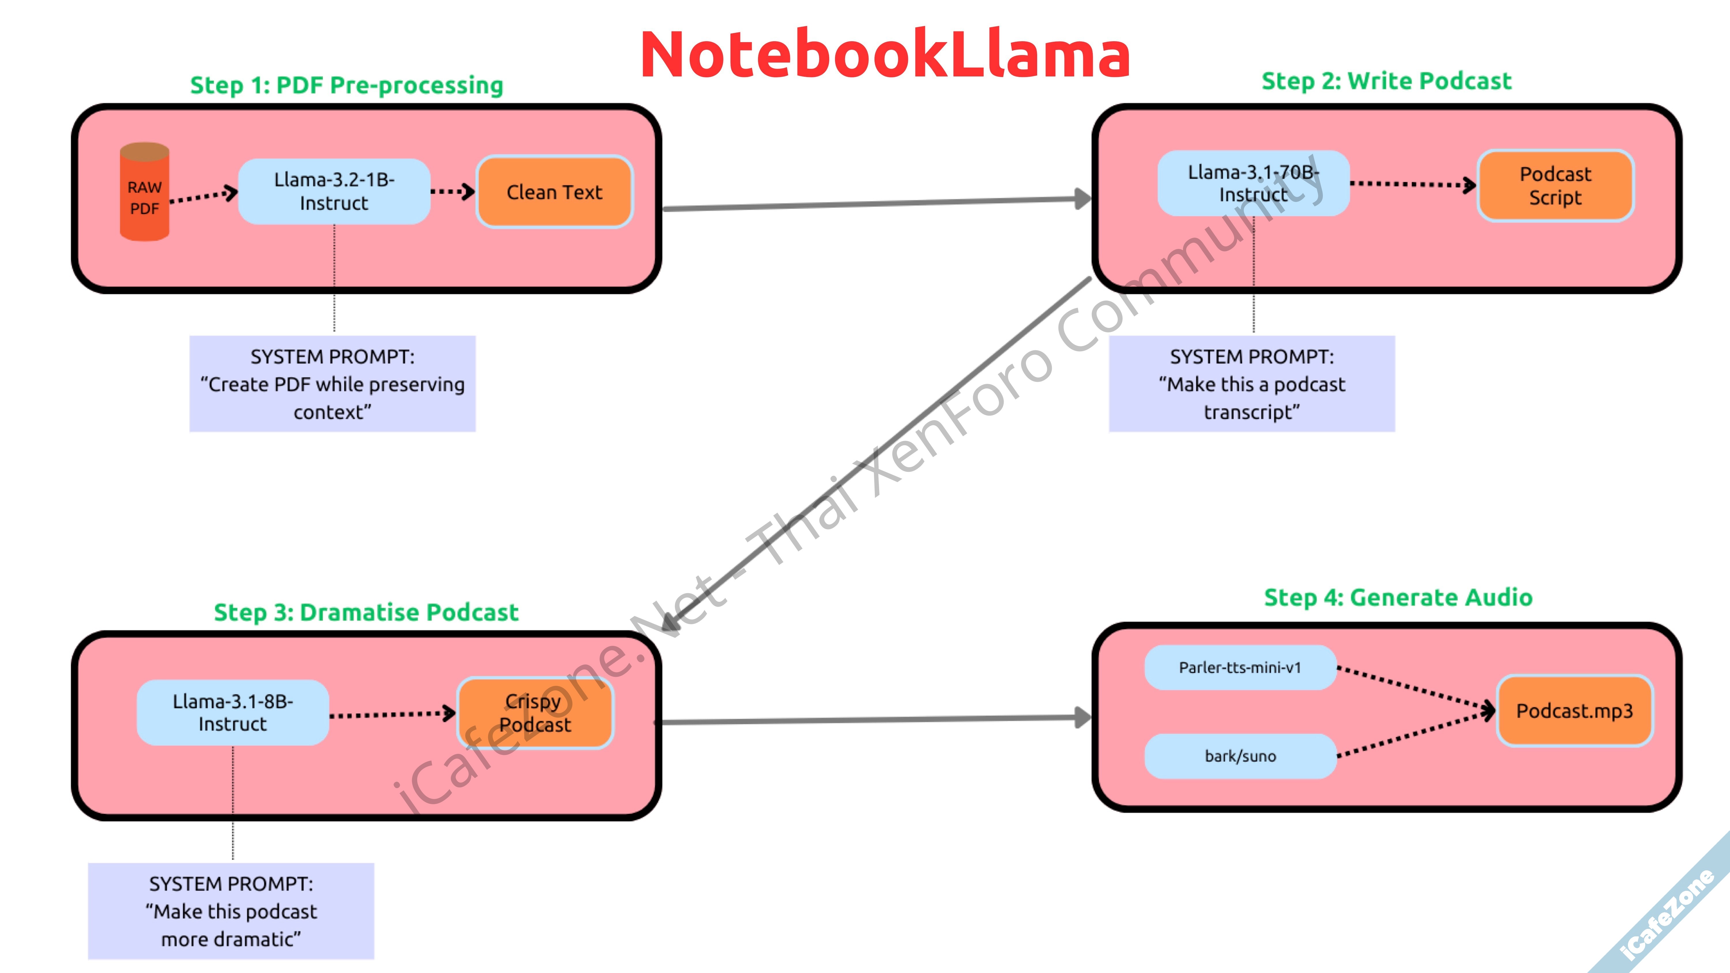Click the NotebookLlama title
(x=885, y=55)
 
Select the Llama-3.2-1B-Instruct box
(x=334, y=191)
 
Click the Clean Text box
(x=554, y=192)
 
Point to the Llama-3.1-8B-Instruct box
(x=232, y=713)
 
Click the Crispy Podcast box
(x=535, y=713)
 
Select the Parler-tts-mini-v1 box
(x=1240, y=668)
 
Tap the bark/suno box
(x=1240, y=756)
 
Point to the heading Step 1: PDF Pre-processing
(x=347, y=85)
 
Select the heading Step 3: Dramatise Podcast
(x=366, y=613)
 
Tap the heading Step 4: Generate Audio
(x=1398, y=597)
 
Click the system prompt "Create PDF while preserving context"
(x=332, y=384)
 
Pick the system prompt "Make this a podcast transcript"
(x=1252, y=384)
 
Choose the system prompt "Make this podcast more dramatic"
(x=231, y=911)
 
